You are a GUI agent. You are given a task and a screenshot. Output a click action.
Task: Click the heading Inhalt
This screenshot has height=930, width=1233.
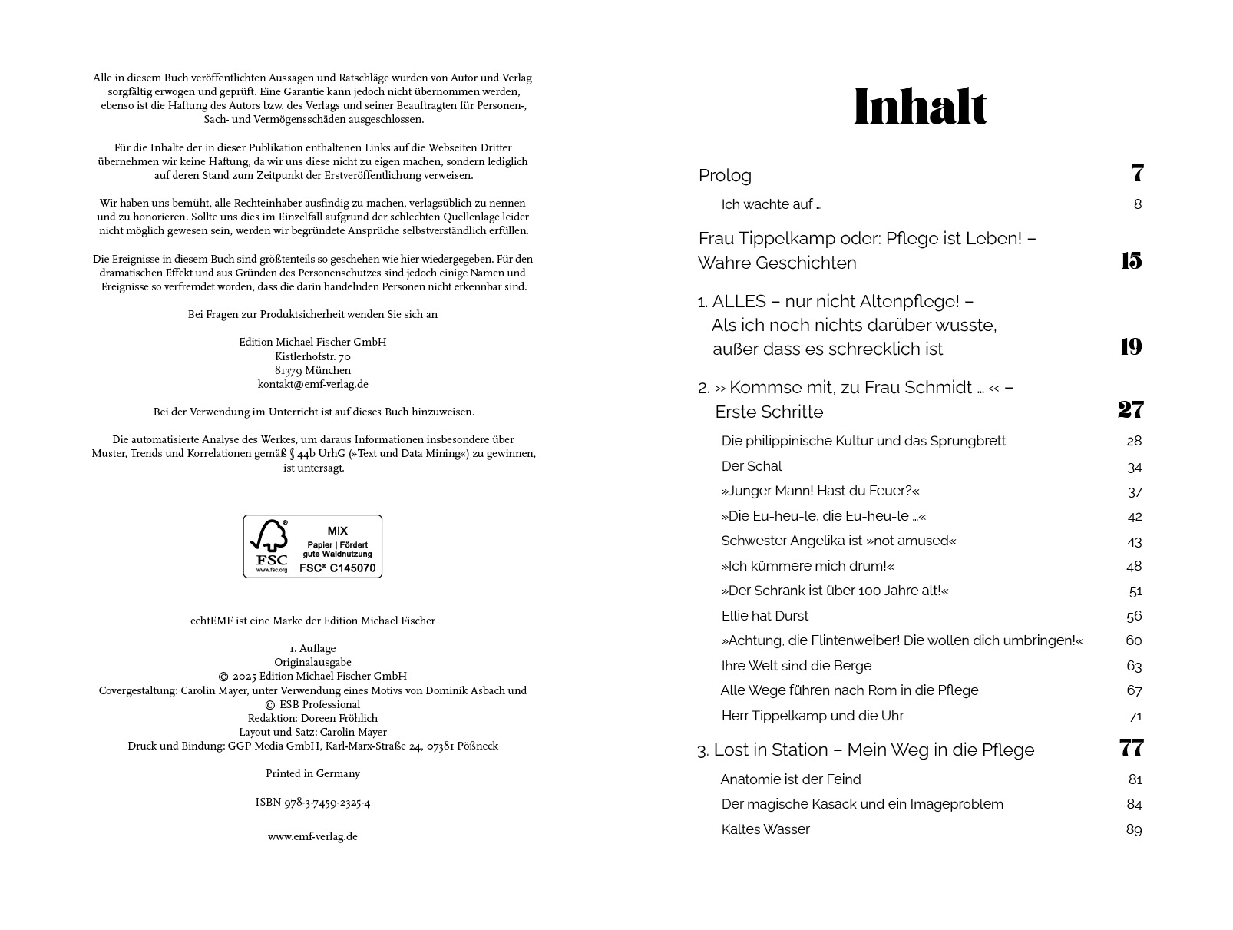pyautogui.click(x=920, y=107)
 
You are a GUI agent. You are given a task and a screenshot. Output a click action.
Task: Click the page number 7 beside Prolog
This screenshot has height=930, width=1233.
pyautogui.click(x=1137, y=174)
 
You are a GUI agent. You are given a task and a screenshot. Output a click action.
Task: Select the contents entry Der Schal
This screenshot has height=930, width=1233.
pyautogui.click(x=751, y=466)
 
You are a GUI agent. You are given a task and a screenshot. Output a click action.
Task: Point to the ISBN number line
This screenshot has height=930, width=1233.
pyautogui.click(x=312, y=803)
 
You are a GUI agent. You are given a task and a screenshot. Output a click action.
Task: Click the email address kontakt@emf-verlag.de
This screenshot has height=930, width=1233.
pyautogui.click(x=312, y=384)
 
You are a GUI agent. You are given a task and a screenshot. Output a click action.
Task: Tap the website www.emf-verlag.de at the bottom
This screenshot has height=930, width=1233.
pyautogui.click(x=312, y=836)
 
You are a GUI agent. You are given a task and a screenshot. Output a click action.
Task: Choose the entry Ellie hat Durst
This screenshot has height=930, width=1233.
pyautogui.click(x=765, y=616)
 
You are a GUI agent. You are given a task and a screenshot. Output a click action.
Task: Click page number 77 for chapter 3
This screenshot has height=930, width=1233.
pyautogui.click(x=1131, y=748)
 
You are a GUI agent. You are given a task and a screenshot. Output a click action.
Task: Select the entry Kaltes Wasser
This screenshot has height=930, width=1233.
pyautogui.click(x=765, y=829)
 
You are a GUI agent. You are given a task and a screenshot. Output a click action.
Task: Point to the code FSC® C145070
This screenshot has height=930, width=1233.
pyautogui.click(x=337, y=568)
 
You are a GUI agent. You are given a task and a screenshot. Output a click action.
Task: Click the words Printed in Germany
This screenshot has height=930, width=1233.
pyautogui.click(x=312, y=773)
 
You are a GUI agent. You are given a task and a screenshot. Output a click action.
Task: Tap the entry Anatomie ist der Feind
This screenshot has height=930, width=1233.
pyautogui.click(x=791, y=779)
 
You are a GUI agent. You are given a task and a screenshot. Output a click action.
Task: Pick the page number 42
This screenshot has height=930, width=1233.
pyautogui.click(x=1134, y=516)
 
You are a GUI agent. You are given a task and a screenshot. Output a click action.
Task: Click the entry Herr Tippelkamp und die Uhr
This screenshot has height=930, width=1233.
pyautogui.click(x=812, y=716)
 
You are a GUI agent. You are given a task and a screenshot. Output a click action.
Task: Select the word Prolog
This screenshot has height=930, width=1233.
pyautogui.click(x=725, y=176)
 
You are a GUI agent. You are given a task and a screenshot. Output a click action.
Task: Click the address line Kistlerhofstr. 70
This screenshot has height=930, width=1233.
pyautogui.click(x=312, y=356)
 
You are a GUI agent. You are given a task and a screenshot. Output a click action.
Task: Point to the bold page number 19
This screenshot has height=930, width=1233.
pyautogui.click(x=1131, y=347)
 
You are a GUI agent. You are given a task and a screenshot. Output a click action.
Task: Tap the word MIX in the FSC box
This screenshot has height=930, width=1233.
pyautogui.click(x=337, y=531)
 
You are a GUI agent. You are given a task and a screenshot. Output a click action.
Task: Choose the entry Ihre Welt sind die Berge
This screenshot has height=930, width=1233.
pyautogui.click(x=796, y=666)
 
